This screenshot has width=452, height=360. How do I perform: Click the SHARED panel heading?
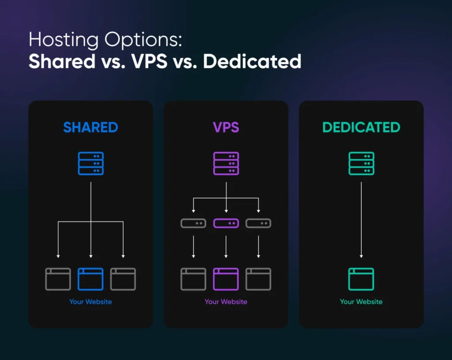click(90, 127)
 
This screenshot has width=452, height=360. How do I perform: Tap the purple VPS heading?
click(226, 127)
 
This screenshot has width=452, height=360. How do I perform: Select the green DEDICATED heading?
click(361, 127)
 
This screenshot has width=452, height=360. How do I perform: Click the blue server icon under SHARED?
click(91, 163)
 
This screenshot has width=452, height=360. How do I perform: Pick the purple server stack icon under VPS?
click(226, 163)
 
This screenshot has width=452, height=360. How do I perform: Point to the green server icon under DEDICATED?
click(361, 163)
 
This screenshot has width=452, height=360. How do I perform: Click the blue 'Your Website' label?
click(90, 301)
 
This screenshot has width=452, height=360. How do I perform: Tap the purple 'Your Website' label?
click(226, 301)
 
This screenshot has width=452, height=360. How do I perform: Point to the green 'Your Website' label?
click(361, 301)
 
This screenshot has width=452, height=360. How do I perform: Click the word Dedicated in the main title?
click(252, 61)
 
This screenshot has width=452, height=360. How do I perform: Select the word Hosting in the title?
click(64, 40)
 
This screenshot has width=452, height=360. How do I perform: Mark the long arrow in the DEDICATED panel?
click(361, 220)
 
